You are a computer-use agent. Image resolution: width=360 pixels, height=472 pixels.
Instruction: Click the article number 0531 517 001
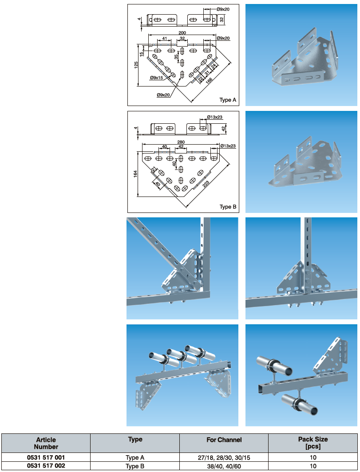tap(46, 457)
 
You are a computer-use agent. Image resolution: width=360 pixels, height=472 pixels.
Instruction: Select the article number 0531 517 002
tap(46, 466)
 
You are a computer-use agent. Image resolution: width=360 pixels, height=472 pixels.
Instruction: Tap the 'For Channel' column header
tap(224, 440)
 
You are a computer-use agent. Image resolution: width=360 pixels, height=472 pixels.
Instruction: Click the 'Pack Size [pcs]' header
tap(313, 443)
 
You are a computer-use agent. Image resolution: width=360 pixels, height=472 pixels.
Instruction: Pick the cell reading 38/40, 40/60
tap(224, 466)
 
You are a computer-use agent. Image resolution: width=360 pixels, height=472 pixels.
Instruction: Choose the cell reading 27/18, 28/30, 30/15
tap(224, 457)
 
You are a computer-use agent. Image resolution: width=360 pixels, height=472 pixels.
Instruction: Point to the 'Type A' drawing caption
tap(228, 100)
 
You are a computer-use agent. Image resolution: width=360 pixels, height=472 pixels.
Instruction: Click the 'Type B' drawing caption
tap(228, 207)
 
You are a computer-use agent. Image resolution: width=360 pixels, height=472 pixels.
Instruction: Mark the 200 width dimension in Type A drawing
tap(182, 32)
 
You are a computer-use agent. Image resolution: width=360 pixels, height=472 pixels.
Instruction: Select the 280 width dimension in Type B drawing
tap(181, 142)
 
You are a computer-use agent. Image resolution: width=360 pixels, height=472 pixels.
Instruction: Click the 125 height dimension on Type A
tap(136, 66)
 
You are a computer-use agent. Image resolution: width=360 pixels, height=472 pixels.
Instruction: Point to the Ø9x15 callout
tap(156, 78)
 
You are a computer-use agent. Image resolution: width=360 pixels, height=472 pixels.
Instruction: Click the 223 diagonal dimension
tap(206, 184)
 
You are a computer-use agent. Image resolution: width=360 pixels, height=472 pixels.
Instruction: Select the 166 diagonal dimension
tap(209, 80)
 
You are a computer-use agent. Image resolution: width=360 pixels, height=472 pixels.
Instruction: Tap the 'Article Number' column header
tap(46, 443)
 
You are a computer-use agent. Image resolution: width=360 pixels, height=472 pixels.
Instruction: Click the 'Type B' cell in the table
tap(135, 466)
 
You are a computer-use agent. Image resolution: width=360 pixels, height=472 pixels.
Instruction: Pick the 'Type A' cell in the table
tap(135, 457)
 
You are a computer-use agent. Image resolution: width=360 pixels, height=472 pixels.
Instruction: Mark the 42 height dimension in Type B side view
tap(223, 129)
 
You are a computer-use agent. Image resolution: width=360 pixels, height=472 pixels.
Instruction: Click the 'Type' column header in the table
tap(135, 440)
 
